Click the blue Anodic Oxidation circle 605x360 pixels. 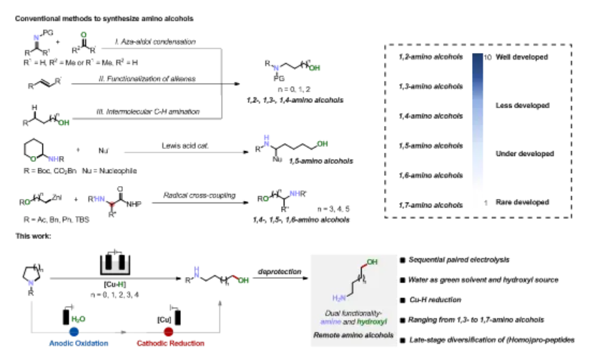click(x=73, y=333)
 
